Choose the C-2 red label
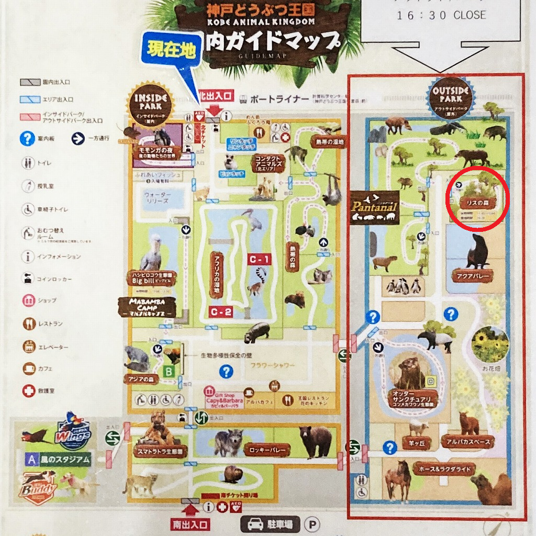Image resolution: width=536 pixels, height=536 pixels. pyautogui.click(x=222, y=311)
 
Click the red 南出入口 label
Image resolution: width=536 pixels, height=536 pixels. pyautogui.click(x=189, y=523)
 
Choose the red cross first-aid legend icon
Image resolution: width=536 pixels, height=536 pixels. pyautogui.click(x=28, y=390)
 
